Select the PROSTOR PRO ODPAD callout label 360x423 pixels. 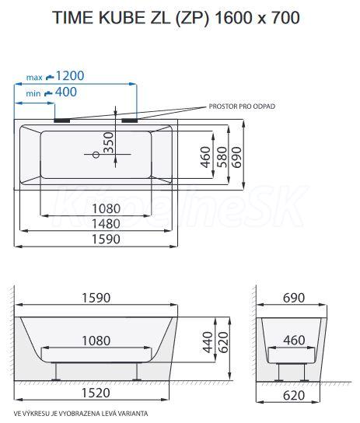[242, 107]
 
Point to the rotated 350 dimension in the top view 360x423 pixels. [109, 142]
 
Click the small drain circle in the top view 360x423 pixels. [96, 155]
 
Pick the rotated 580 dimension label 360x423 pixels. [222, 157]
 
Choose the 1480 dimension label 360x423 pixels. [106, 224]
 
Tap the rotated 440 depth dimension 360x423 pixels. [208, 342]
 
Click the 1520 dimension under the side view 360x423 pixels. [96, 393]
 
